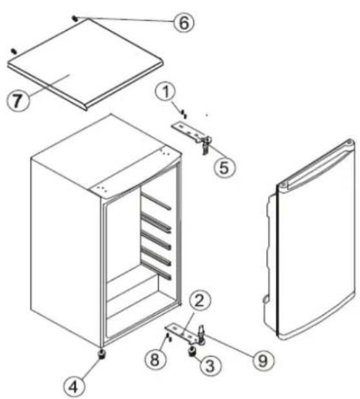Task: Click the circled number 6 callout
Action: click(184, 23)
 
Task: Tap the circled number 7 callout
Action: click(17, 101)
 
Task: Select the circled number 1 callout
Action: click(166, 92)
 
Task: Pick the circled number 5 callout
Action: click(224, 167)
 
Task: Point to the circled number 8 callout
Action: click(155, 360)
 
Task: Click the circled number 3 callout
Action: click(210, 366)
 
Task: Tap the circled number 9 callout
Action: click(263, 361)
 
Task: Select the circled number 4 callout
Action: click(74, 387)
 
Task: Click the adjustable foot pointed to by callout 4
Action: click(102, 354)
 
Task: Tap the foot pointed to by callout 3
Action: click(192, 351)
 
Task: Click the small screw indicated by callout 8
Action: click(169, 337)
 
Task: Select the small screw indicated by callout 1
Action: click(184, 114)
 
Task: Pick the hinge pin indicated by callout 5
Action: click(206, 145)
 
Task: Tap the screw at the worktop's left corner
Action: click(14, 51)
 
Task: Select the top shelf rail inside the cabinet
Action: click(156, 201)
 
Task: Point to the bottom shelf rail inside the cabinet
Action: click(156, 270)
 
